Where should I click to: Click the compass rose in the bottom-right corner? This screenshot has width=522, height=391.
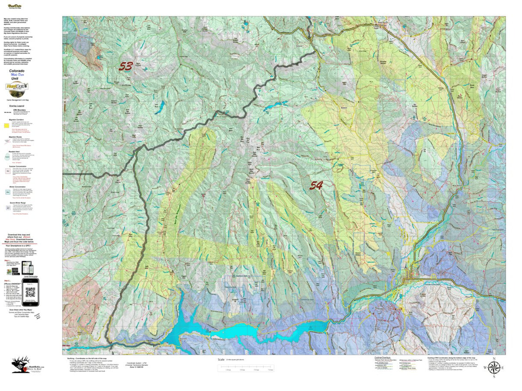point(493,368)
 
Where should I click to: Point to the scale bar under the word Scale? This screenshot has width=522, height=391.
point(246,368)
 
